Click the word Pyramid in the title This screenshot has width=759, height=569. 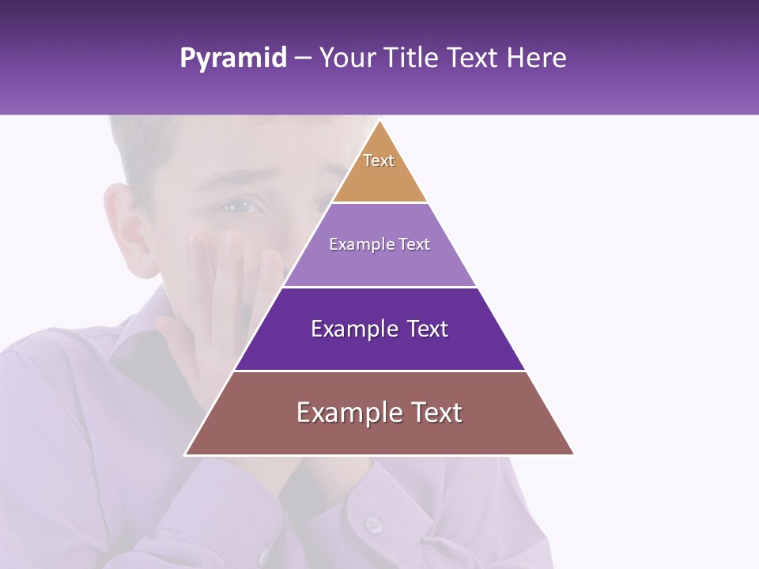[x=233, y=58]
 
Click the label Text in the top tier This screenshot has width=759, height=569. [x=379, y=160]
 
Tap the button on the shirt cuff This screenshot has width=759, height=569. [x=372, y=524]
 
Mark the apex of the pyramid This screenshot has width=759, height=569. [x=379, y=121]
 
